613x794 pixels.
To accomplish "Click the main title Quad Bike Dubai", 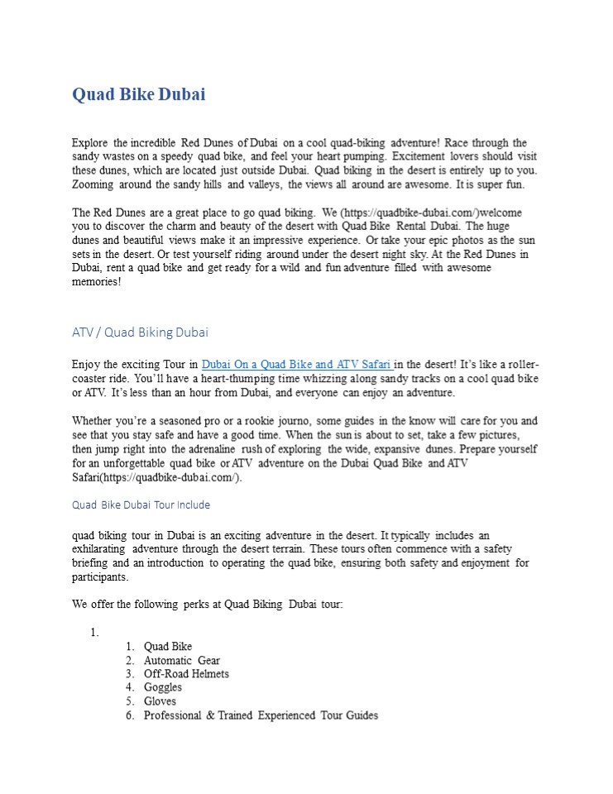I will click(x=139, y=94).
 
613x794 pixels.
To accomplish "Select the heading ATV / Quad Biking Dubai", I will click(x=140, y=332).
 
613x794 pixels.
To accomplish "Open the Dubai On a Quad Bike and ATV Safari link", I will click(x=297, y=364).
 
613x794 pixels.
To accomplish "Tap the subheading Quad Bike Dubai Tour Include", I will click(x=141, y=505).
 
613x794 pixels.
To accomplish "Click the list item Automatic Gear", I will click(x=181, y=661).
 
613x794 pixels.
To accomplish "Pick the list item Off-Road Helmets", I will click(x=186, y=674).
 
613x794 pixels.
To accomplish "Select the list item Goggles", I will click(x=162, y=687).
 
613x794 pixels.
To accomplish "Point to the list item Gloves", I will click(x=160, y=701).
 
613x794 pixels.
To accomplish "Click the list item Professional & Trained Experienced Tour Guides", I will click(x=261, y=715).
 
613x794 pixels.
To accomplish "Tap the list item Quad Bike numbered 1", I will click(x=168, y=647).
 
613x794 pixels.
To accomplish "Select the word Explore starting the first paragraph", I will click(x=89, y=143).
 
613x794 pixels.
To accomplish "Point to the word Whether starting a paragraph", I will click(x=93, y=421).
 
